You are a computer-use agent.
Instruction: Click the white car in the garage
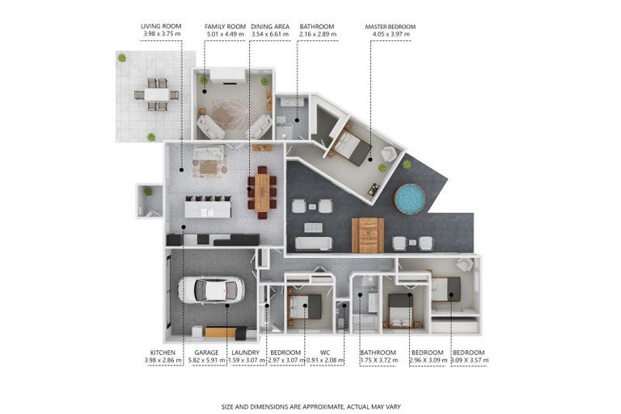(x=211, y=290)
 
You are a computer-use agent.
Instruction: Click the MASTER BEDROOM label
(x=390, y=27)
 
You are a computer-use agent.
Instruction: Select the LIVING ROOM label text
(x=161, y=27)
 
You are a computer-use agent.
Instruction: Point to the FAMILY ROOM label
(x=225, y=27)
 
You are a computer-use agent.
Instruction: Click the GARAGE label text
(x=206, y=353)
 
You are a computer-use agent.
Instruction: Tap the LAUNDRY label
(x=246, y=353)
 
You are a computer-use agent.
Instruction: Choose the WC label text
(x=325, y=353)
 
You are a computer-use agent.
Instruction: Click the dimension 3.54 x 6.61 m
(x=270, y=34)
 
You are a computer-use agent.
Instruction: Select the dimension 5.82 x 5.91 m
(x=206, y=361)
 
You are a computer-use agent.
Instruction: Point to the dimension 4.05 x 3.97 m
(x=391, y=35)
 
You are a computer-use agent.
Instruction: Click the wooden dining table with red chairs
(x=262, y=192)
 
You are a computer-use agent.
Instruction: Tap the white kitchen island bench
(x=208, y=209)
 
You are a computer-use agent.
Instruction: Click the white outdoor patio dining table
(x=156, y=95)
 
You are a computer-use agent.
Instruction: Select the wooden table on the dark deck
(x=368, y=235)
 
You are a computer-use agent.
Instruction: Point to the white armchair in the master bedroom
(x=388, y=154)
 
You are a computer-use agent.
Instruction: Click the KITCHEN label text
(x=163, y=353)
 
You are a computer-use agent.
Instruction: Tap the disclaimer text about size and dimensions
(x=310, y=407)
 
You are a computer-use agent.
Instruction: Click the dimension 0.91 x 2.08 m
(x=325, y=361)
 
